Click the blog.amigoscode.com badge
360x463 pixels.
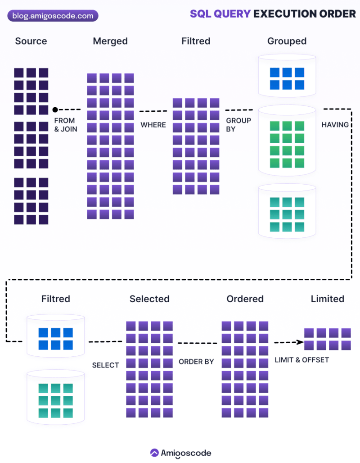coord(53,16)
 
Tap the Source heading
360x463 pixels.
coord(31,41)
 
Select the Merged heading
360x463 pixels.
coord(110,41)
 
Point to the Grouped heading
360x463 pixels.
coord(287,41)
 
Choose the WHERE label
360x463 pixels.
coord(153,125)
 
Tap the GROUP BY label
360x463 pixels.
coord(238,125)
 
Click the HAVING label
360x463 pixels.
coord(335,125)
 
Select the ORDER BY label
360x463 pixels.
coord(196,361)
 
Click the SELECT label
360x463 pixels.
coord(105,365)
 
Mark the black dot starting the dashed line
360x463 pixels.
coord(55,109)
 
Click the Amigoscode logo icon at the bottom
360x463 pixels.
coord(154,453)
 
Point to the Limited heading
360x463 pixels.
coord(327,299)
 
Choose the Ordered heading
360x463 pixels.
coord(245,299)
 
